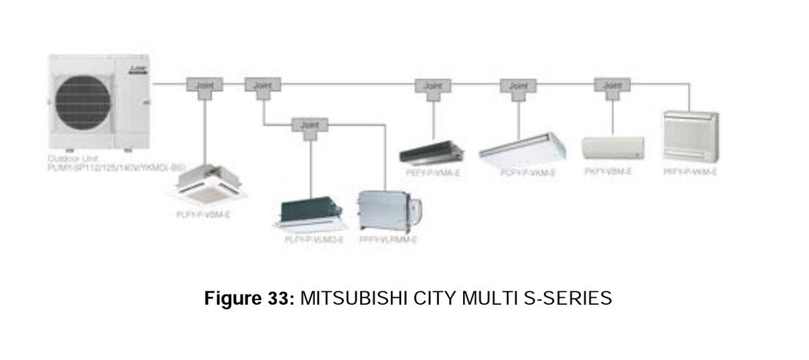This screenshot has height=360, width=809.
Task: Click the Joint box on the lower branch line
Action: click(311, 125)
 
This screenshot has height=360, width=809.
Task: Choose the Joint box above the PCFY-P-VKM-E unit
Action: click(518, 86)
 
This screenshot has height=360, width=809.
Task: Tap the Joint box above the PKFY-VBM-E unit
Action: click(612, 86)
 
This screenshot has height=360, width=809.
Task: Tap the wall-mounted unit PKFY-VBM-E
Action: click(612, 148)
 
